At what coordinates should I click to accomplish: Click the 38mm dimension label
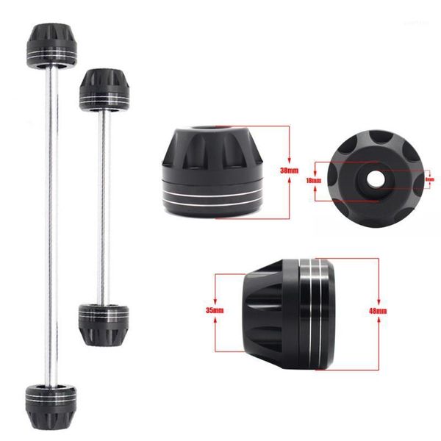click(291, 171)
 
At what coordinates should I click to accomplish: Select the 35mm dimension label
click(212, 311)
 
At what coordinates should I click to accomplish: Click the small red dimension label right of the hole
click(430, 179)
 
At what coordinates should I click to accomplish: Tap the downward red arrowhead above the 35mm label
click(213, 301)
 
